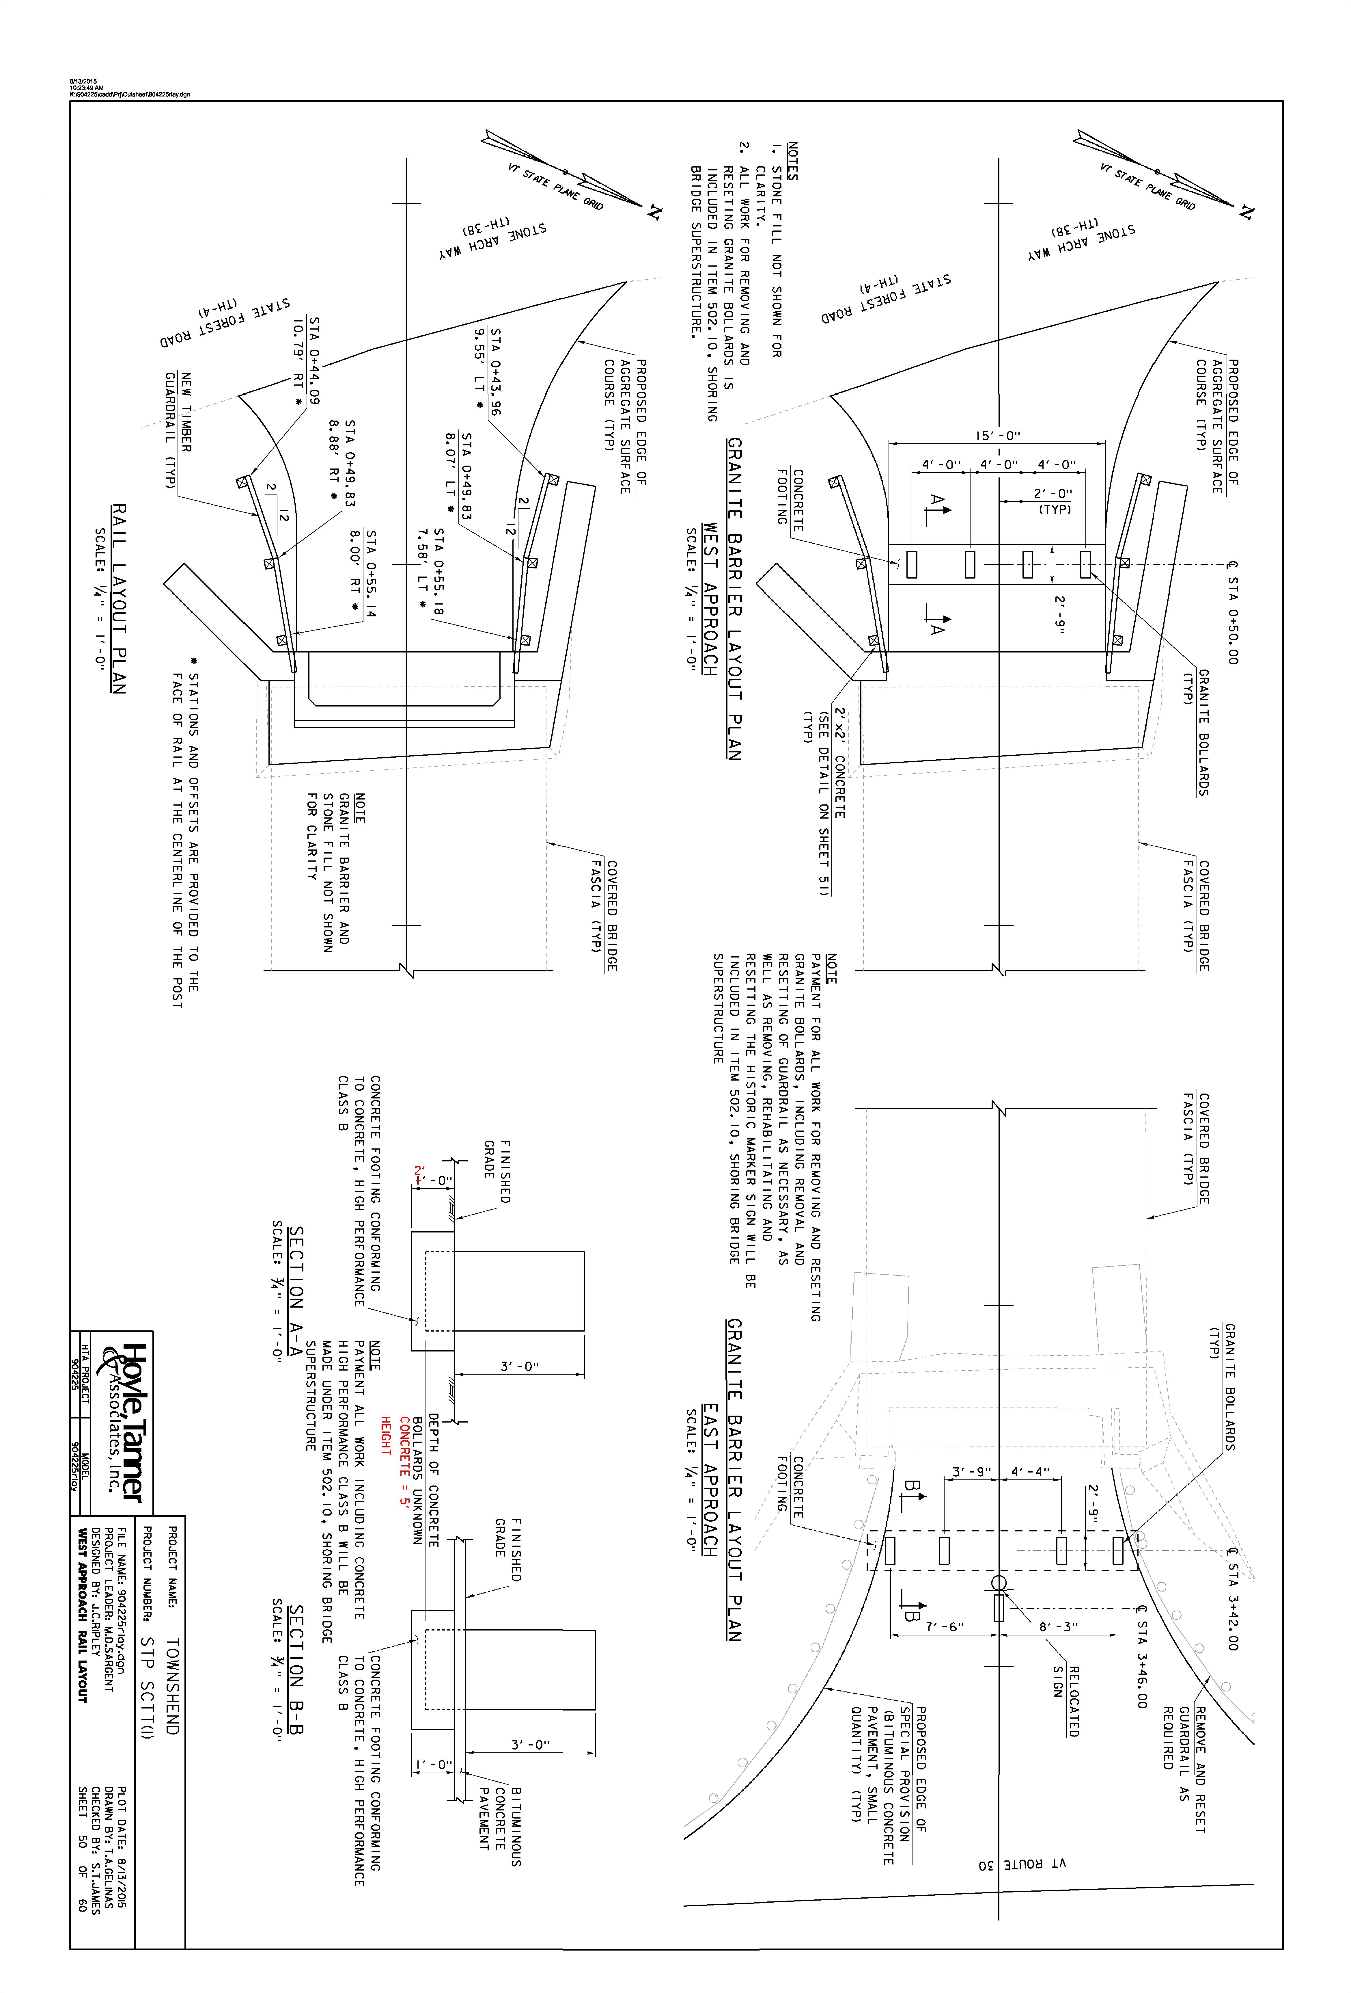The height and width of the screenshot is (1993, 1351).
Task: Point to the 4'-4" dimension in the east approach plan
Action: (1030, 1472)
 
